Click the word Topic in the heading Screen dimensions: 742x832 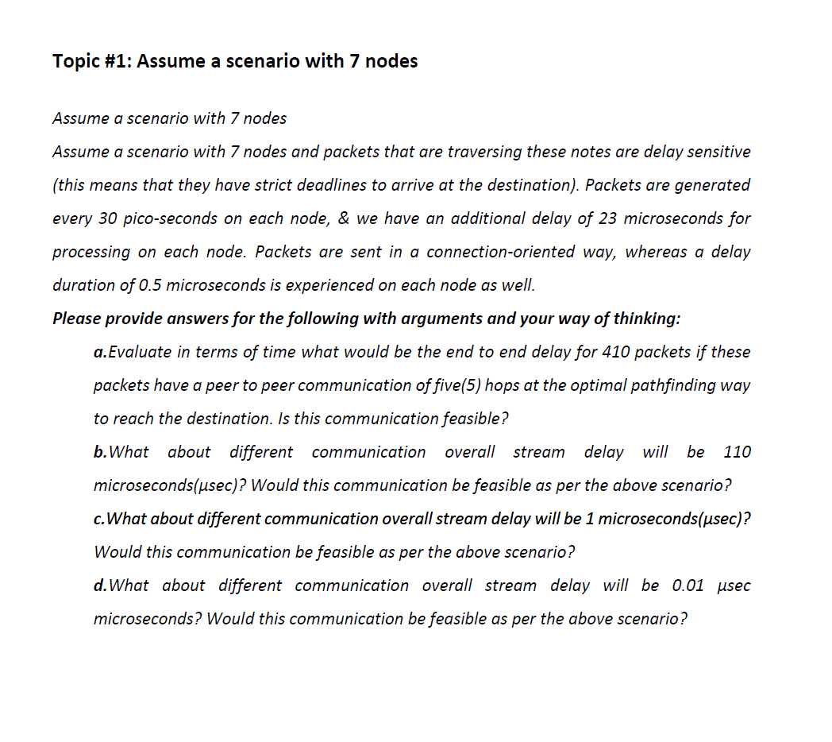75,61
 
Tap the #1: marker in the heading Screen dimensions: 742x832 117,61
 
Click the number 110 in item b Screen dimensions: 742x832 737,452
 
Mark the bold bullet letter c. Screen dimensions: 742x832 98,519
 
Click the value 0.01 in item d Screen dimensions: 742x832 688,585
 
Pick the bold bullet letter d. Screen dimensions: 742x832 99,585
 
